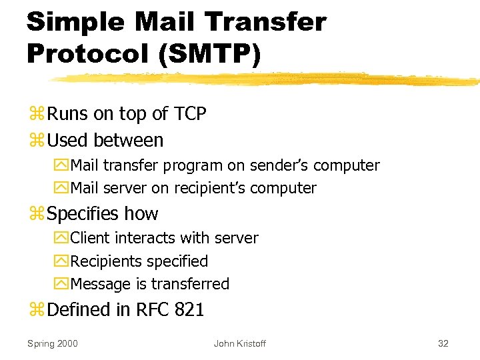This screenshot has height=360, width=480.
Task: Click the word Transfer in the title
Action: click(264, 21)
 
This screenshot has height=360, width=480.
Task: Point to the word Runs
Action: click(68, 114)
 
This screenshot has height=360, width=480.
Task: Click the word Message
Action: click(100, 284)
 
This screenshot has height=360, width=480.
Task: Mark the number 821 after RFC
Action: click(188, 309)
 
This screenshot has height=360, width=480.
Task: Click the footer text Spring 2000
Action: click(52, 343)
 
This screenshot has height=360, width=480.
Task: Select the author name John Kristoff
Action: click(239, 343)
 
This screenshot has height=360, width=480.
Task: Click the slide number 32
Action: click(443, 343)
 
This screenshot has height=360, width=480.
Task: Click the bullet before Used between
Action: click(35, 141)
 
